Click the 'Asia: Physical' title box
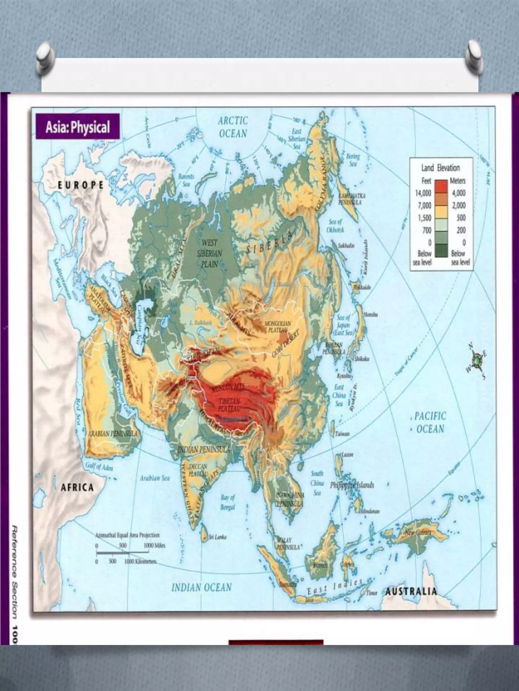(x=78, y=127)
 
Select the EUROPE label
(x=80, y=185)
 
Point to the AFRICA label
(x=77, y=487)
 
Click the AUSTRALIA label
(x=411, y=591)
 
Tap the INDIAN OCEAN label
(x=201, y=587)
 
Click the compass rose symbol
(x=477, y=361)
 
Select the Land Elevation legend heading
(x=440, y=168)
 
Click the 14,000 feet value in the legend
(x=423, y=193)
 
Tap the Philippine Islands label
(x=352, y=485)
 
